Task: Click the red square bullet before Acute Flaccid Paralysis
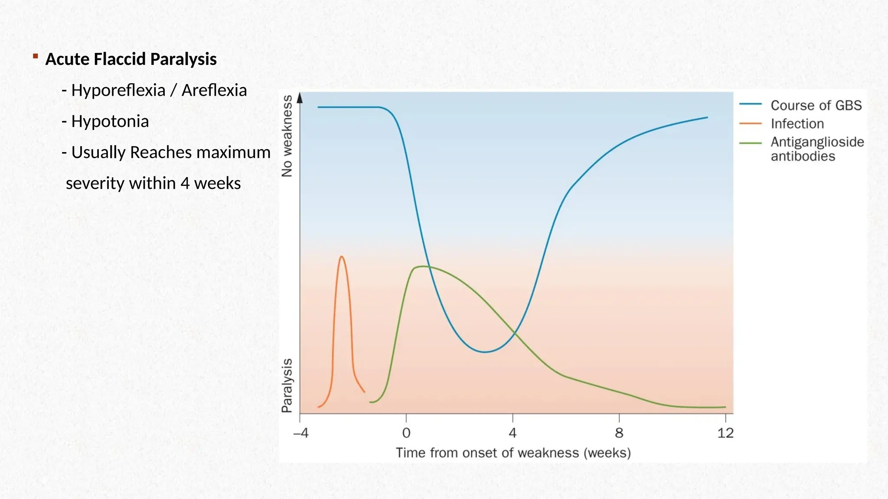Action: coord(36,56)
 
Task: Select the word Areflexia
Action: coord(214,91)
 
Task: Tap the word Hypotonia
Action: coord(110,121)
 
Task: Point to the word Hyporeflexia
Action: coord(118,91)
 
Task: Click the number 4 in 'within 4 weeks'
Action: coord(185,183)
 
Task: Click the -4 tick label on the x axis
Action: coord(300,433)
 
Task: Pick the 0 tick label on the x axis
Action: coord(406,433)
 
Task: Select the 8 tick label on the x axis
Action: coord(619,433)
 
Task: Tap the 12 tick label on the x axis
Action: coord(725,433)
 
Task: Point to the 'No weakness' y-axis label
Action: coord(287,136)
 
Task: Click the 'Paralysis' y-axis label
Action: coord(287,385)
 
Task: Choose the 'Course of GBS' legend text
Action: coord(816,105)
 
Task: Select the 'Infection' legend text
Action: coord(797,124)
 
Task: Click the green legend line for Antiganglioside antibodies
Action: coord(751,143)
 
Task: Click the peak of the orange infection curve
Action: coord(342,257)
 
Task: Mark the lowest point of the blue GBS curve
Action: coord(485,352)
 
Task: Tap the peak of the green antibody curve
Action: coord(421,266)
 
